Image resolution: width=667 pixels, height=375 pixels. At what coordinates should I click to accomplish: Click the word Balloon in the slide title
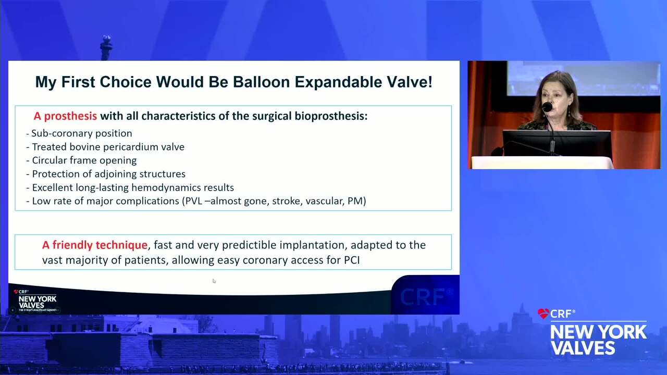(262, 82)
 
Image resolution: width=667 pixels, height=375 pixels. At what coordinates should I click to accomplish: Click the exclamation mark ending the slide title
(430, 82)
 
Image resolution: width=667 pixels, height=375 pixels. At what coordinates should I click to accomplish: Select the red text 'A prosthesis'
(65, 116)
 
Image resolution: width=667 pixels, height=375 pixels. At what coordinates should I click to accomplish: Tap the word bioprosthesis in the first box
(331, 116)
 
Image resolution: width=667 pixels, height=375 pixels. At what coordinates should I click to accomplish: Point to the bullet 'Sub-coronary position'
(79, 133)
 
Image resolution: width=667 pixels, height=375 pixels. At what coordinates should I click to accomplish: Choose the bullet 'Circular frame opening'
(81, 160)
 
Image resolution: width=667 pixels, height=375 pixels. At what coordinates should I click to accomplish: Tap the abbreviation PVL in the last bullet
(194, 201)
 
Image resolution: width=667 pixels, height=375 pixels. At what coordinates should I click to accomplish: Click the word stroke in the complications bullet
(287, 201)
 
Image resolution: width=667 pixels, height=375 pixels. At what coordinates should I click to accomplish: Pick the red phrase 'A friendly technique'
(95, 245)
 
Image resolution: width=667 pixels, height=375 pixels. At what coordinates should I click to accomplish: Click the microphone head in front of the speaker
(547, 107)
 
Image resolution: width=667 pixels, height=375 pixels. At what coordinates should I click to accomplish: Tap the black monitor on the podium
(557, 143)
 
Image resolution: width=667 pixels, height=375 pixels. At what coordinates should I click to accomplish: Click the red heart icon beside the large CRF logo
(544, 314)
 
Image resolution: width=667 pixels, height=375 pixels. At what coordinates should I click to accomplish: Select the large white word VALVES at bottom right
(583, 347)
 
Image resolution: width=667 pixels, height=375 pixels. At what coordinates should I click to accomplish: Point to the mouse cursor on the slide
(214, 281)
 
